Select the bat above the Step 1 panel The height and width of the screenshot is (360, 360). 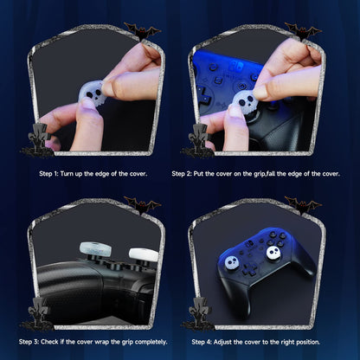(143, 33)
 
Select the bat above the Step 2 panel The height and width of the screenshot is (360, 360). (303, 33)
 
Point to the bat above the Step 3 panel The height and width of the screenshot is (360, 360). (143, 206)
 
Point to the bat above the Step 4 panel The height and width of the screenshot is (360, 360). (303, 206)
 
